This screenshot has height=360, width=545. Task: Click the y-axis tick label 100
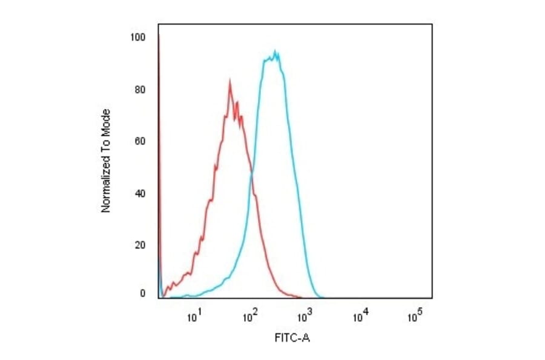[138, 38]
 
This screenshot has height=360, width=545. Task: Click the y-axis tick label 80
[140, 90]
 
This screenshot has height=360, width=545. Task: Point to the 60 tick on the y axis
[140, 142]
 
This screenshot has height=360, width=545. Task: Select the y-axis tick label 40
[140, 194]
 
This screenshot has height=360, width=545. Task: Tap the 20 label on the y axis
[140, 245]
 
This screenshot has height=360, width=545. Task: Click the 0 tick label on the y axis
[142, 294]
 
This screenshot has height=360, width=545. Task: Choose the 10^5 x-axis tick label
[415, 316]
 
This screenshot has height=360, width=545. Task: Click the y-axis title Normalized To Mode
[106, 161]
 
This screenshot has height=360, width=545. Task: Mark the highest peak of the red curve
[230, 79]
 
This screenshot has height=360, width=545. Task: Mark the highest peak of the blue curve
[276, 51]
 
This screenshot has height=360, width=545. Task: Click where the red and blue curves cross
[251, 175]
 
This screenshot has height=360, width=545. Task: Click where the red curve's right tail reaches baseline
[301, 298]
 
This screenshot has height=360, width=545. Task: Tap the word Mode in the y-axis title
[106, 120]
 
